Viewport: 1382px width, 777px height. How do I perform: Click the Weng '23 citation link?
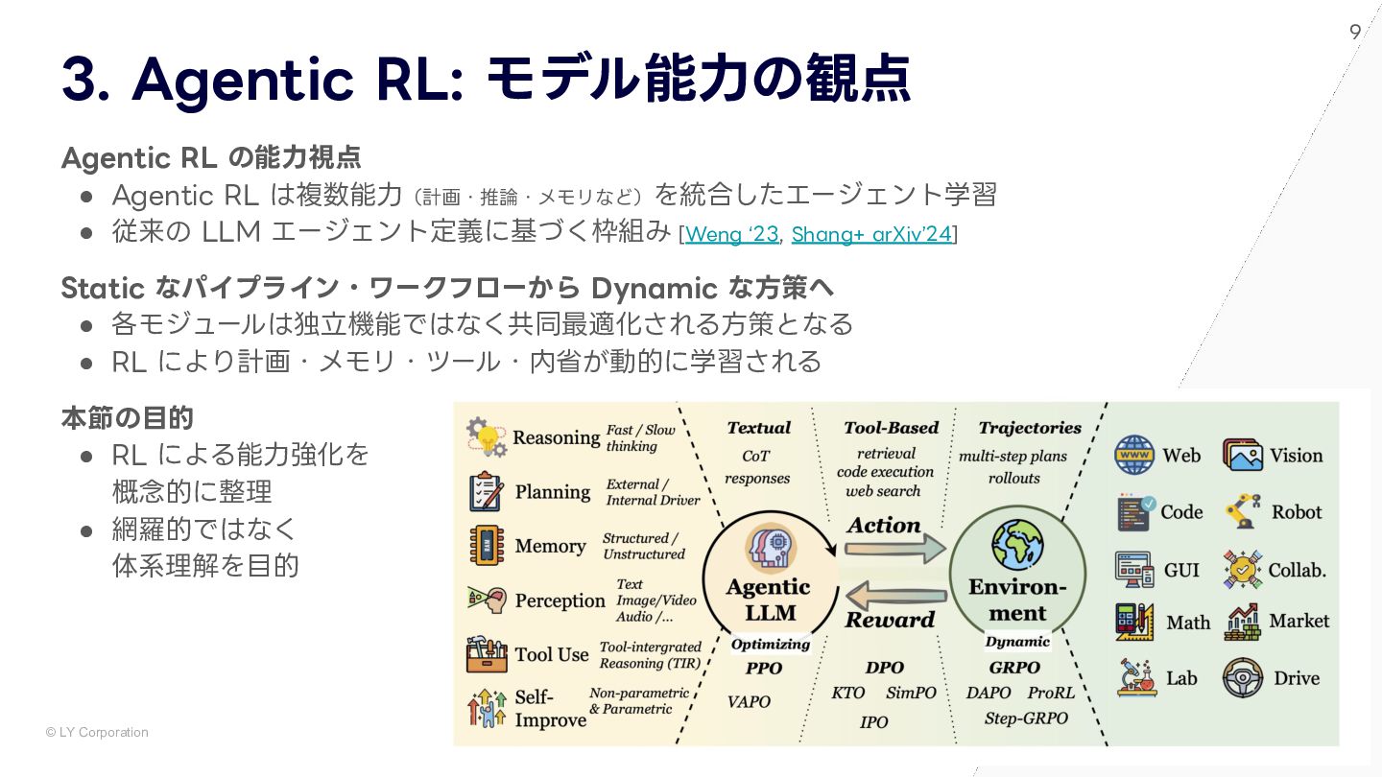[x=731, y=234]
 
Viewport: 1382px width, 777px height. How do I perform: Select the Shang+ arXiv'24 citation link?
[x=870, y=234]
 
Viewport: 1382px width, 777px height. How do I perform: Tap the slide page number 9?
[x=1355, y=32]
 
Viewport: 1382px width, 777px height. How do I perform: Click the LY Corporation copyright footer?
[x=97, y=732]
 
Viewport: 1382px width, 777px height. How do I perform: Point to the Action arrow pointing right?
[x=895, y=548]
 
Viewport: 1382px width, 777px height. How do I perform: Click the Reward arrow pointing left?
[x=895, y=597]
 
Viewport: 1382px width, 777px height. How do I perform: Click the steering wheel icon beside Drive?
[x=1242, y=677]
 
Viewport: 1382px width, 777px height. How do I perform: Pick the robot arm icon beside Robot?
[x=1242, y=511]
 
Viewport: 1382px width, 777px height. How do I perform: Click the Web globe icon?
[x=1134, y=455]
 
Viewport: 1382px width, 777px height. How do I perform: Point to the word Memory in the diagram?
[x=550, y=546]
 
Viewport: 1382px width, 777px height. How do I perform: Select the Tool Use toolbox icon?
[x=487, y=654]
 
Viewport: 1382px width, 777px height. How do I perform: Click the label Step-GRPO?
[x=1026, y=718]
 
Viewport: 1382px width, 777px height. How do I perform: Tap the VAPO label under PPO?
[x=749, y=701]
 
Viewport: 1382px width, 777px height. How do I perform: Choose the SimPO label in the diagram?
[x=911, y=693]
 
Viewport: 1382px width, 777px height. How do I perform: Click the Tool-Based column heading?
[x=891, y=428]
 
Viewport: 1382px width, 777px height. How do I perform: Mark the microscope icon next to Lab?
[x=1135, y=677]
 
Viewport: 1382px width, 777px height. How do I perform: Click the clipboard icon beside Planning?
[x=487, y=492]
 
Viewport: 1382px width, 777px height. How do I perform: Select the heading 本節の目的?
[x=128, y=418]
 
